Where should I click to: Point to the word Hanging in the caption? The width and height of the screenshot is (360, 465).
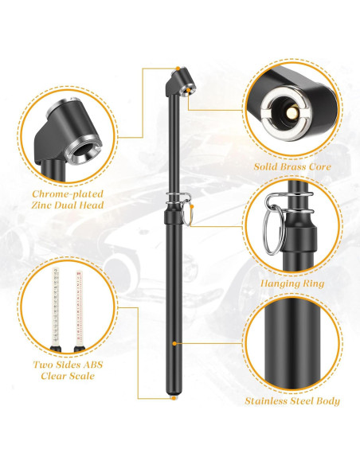(276, 282)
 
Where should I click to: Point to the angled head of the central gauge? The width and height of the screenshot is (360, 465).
(178, 80)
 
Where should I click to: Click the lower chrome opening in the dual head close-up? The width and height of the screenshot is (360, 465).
(83, 148)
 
